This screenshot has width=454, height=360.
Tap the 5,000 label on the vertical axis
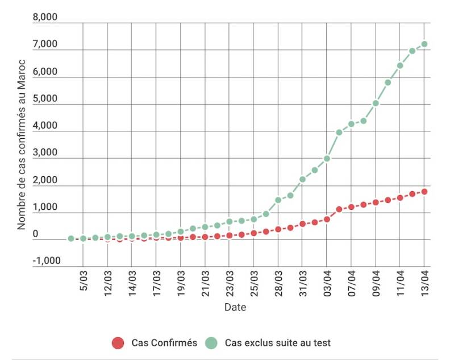pos(45,98)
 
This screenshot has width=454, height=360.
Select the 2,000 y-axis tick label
pos(45,180)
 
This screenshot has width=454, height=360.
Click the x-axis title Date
pos(235,307)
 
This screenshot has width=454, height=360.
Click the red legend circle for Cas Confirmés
pos(118,343)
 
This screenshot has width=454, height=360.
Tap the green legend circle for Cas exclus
pos(211,343)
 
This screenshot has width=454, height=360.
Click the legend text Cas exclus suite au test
pos(278,343)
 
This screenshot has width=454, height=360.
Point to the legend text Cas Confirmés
pos(164,343)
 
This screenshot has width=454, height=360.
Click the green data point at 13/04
pos(424,44)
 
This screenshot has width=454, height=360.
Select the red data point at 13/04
pos(424,192)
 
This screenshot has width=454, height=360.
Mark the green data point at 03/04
pos(327,159)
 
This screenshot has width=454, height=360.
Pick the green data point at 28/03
pos(278,200)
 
